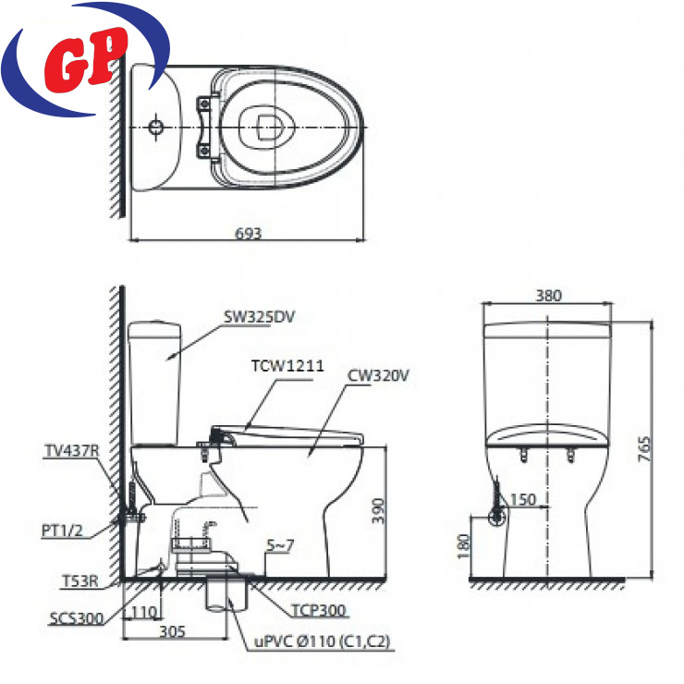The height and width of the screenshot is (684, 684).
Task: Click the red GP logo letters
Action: [86, 60]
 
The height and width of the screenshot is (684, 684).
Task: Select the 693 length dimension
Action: [249, 233]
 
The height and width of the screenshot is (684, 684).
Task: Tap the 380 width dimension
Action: [548, 296]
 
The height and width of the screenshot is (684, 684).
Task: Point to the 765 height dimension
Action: [644, 449]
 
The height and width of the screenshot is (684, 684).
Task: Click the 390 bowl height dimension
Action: [378, 511]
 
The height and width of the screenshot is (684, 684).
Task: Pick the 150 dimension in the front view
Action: [522, 499]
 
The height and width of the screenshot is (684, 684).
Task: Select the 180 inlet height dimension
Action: [463, 546]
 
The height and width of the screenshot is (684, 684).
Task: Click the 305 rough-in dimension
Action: [172, 631]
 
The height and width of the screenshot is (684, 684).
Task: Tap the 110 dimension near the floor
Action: [144, 613]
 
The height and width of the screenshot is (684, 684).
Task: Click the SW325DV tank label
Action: [259, 317]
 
